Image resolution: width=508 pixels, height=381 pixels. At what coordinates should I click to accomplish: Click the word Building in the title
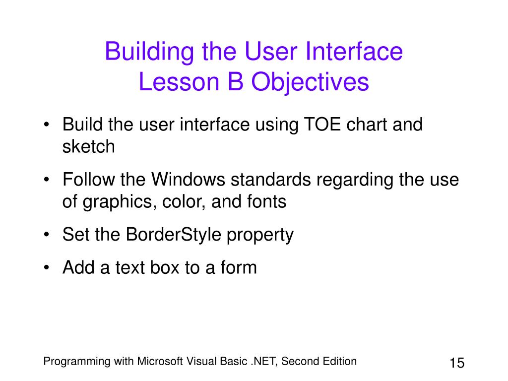(149, 52)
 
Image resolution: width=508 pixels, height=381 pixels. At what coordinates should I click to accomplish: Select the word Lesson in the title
(179, 81)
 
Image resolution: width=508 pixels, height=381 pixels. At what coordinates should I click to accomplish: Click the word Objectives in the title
(310, 82)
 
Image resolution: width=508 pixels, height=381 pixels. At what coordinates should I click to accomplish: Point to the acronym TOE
(322, 125)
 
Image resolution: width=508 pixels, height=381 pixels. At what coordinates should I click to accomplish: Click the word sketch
(88, 146)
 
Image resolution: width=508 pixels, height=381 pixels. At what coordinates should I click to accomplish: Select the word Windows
(188, 180)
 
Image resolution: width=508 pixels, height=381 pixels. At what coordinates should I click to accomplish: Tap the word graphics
(117, 202)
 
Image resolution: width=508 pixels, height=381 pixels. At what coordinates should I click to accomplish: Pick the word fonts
(266, 201)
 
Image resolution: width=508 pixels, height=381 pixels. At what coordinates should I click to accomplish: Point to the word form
(239, 267)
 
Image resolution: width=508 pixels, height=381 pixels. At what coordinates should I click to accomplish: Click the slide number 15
(457, 363)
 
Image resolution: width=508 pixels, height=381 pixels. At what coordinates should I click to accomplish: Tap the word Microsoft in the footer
(160, 361)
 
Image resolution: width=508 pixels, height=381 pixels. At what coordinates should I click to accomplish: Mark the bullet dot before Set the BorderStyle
(47, 235)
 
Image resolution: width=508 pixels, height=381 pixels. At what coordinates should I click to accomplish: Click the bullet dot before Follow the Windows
(47, 180)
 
